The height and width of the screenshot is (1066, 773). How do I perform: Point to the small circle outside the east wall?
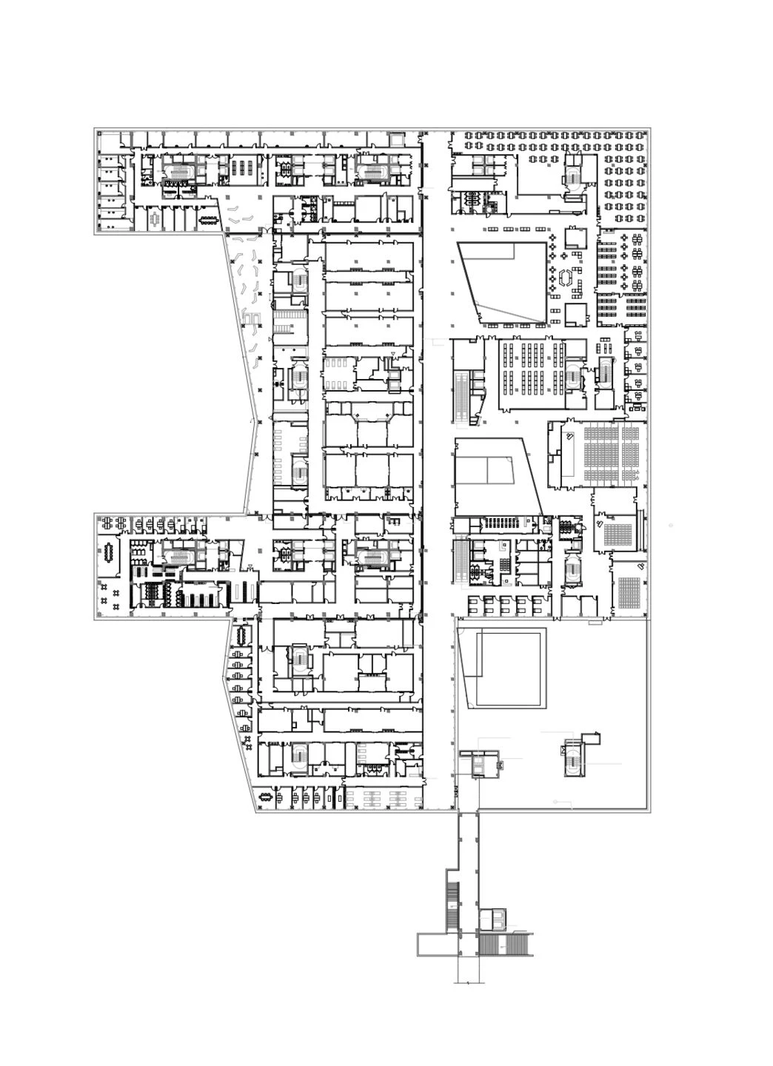click(x=671, y=525)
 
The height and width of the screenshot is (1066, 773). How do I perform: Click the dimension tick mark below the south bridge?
click(x=469, y=983)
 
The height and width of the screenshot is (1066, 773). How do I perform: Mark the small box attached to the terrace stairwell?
click(x=590, y=738)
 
